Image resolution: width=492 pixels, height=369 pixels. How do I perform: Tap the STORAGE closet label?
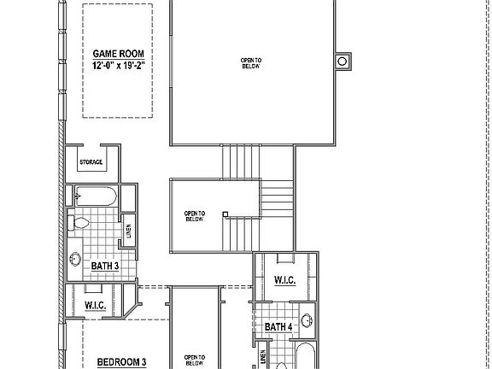tap(91, 162)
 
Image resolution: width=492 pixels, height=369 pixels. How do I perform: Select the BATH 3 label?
tap(104, 266)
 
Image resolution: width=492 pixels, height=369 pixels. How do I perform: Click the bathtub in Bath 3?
tap(94, 196)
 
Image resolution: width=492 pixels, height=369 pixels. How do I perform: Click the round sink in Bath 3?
tap(75, 259)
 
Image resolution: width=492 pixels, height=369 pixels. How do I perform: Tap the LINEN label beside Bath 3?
tap(129, 231)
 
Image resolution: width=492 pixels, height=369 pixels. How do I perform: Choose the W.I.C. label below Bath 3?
tap(95, 305)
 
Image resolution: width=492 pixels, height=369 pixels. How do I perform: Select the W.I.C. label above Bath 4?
tap(284, 281)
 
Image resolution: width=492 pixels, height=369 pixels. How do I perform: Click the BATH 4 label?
tap(278, 327)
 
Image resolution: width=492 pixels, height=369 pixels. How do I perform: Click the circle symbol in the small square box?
tap(343, 61)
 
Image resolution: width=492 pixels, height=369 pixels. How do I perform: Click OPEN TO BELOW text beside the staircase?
tap(196, 216)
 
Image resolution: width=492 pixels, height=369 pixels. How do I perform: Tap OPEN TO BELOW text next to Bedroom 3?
tap(195, 359)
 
